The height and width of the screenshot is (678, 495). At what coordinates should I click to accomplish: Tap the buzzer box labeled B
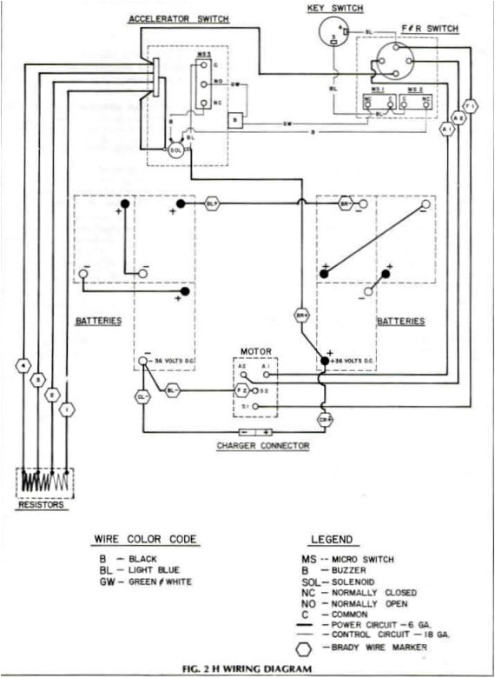pyautogui.click(x=234, y=119)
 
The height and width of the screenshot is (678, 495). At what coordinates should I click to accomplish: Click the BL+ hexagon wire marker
pyautogui.click(x=213, y=203)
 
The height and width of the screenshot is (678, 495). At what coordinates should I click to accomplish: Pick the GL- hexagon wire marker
pyautogui.click(x=142, y=396)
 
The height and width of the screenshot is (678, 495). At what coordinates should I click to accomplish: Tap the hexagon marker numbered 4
pyautogui.click(x=23, y=366)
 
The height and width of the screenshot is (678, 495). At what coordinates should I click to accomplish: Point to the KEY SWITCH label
pyautogui.click(x=335, y=8)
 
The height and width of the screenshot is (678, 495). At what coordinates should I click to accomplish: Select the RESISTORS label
pyautogui.click(x=43, y=504)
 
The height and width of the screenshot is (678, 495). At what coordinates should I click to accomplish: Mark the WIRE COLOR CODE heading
pyautogui.click(x=146, y=539)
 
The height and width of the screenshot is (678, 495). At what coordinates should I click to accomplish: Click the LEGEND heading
pyautogui.click(x=331, y=539)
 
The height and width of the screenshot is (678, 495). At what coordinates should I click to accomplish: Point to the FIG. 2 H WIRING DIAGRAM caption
pyautogui.click(x=247, y=668)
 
